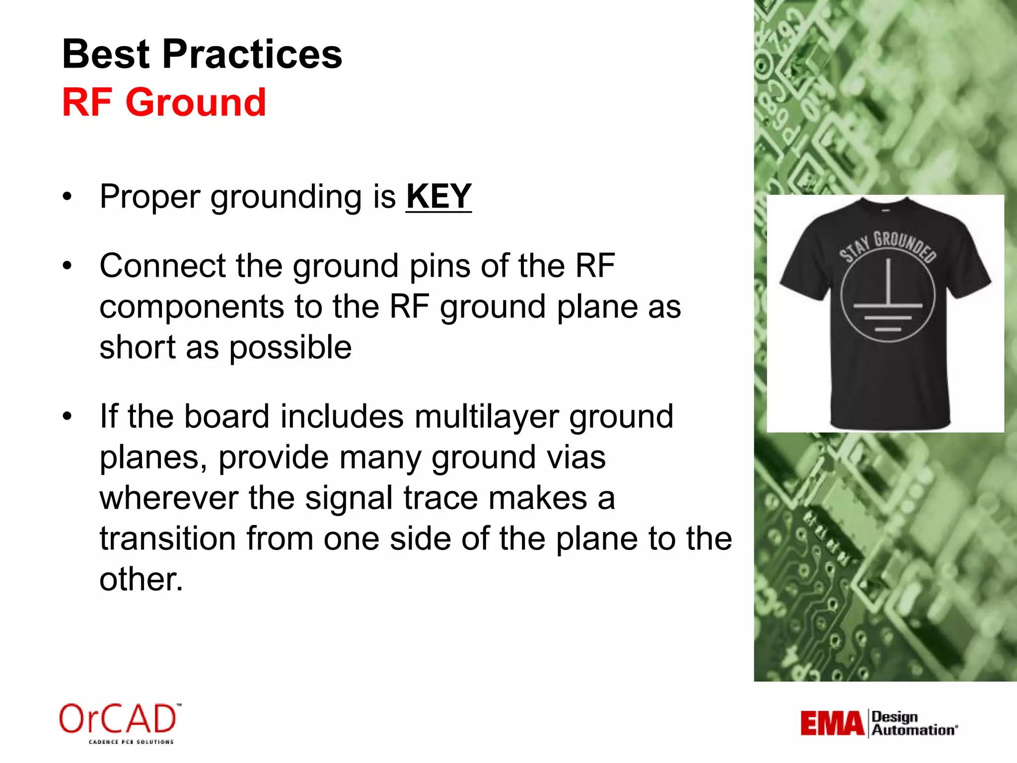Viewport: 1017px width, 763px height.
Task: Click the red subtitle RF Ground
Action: click(x=164, y=102)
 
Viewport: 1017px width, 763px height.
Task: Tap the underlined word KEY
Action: click(x=438, y=197)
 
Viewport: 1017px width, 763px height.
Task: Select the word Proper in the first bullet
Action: click(x=149, y=197)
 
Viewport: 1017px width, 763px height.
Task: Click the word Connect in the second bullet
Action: click(x=162, y=266)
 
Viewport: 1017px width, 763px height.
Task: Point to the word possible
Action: click(x=291, y=347)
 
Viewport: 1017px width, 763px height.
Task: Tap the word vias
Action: click(x=576, y=457)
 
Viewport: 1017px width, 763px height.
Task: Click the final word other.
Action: click(x=141, y=579)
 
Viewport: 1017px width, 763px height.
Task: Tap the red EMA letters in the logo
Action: click(x=832, y=724)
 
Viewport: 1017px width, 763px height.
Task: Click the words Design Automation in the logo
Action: click(x=913, y=724)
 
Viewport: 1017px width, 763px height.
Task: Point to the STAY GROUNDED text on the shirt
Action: click(x=888, y=246)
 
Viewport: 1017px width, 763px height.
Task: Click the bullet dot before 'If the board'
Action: click(x=68, y=416)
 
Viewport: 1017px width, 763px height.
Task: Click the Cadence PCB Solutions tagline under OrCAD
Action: click(x=131, y=742)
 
